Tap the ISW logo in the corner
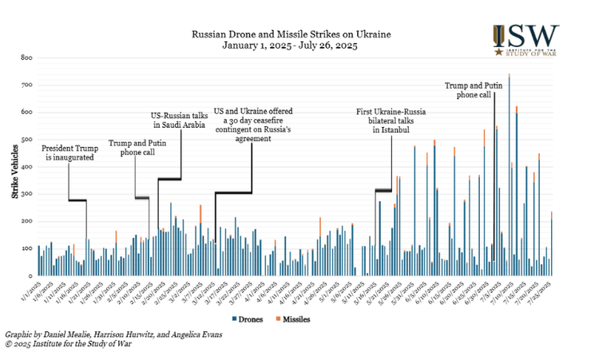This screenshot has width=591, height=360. tap(526, 40)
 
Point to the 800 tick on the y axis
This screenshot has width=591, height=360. tap(27, 58)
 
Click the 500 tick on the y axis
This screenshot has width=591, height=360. tap(27, 140)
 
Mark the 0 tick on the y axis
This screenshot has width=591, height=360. tap(30, 275)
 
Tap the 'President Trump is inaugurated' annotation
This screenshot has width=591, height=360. tap(68, 152)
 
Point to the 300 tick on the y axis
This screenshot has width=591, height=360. tap(27, 194)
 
